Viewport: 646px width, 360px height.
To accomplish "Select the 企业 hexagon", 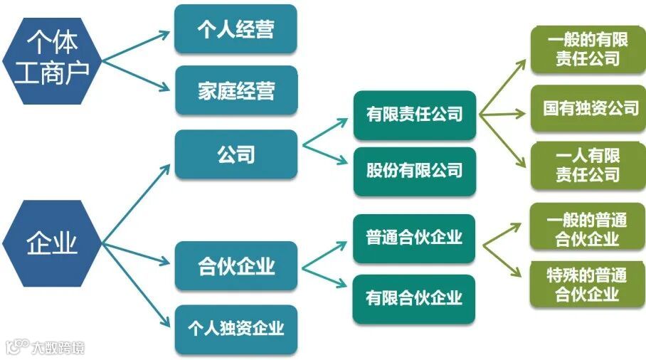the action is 51,243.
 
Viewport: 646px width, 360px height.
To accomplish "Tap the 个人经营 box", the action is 235,30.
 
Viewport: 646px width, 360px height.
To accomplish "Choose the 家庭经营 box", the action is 235,90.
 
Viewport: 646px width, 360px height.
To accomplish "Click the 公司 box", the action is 235,154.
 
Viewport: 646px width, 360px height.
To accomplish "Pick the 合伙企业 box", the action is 235,266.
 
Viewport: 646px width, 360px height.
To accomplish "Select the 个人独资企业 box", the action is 235,328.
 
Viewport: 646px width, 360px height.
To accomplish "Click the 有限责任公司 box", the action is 414,115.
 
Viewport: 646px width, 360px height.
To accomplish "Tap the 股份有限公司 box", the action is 414,171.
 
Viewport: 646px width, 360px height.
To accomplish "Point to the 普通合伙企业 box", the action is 414,238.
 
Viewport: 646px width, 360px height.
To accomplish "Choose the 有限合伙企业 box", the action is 414,298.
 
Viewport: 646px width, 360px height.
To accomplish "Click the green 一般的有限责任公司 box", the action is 588,50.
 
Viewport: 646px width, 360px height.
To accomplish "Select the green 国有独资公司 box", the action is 588,109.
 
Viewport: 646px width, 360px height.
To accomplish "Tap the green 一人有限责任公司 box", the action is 588,165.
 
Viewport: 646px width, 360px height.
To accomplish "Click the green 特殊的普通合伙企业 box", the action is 588,284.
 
